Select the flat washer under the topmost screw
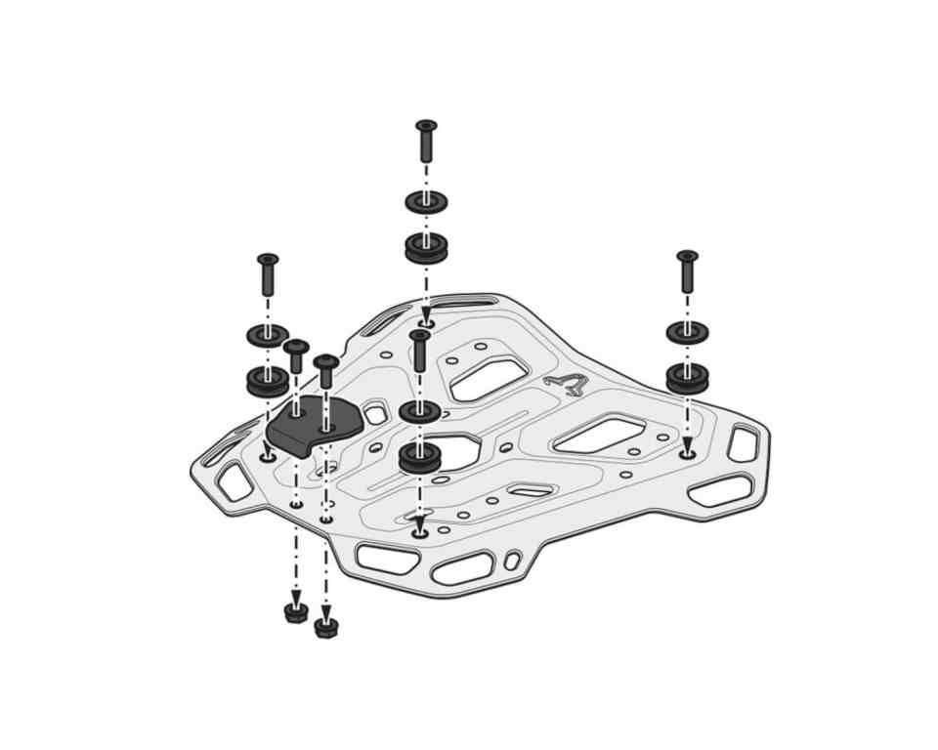pyautogui.click(x=426, y=202)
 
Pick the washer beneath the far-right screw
pyautogui.click(x=687, y=332)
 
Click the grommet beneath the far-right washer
pyautogui.click(x=687, y=376)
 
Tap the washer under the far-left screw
pyautogui.click(x=268, y=336)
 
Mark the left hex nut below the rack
pyautogui.click(x=296, y=613)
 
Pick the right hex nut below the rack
pyautogui.click(x=326, y=628)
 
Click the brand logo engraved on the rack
pyautogui.click(x=566, y=382)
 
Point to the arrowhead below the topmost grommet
pyautogui.click(x=426, y=316)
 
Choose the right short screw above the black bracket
pyautogui.click(x=326, y=370)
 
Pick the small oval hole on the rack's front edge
pyautogui.click(x=511, y=560)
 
